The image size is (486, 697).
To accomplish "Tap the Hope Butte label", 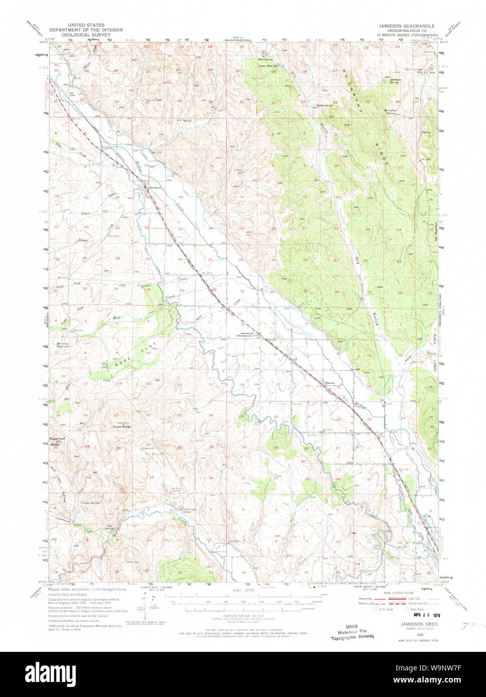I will tap(122, 426).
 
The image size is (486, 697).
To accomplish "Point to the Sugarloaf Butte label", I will tap(55, 443).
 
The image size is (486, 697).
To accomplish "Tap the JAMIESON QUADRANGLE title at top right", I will tap(407, 25).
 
